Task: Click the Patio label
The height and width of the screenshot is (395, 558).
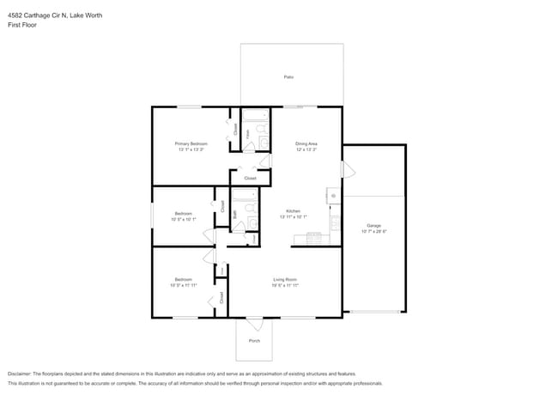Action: pyautogui.click(x=289, y=77)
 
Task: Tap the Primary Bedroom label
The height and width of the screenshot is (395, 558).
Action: pyautogui.click(x=191, y=143)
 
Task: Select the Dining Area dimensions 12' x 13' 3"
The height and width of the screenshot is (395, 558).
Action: pyautogui.click(x=306, y=149)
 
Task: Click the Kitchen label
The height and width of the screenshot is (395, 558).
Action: pyautogui.click(x=293, y=210)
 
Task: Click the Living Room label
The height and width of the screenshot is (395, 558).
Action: pyautogui.click(x=285, y=279)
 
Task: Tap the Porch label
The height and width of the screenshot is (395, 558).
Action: pyautogui.click(x=254, y=341)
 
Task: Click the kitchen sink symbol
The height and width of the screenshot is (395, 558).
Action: pyautogui.click(x=334, y=197)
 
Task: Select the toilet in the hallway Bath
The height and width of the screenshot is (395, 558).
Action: pyautogui.click(x=252, y=225)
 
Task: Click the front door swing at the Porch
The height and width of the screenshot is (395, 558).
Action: pyautogui.click(x=255, y=324)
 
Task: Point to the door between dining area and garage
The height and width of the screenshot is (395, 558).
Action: pyautogui.click(x=347, y=169)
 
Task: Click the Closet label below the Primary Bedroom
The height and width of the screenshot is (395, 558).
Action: pyautogui.click(x=250, y=178)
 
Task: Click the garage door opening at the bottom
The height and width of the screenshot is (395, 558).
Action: pyautogui.click(x=374, y=312)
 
